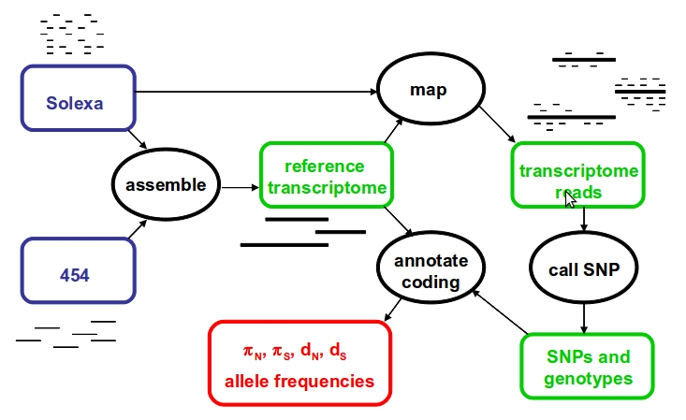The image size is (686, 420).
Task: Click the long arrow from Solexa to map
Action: point(256,92)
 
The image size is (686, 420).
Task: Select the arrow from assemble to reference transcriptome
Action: point(241,188)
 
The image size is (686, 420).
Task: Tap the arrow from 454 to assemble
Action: point(138,229)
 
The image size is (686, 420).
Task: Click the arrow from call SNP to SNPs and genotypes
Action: point(584,318)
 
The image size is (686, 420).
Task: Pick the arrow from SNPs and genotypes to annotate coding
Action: point(500,311)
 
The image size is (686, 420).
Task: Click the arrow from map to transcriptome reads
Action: point(498,124)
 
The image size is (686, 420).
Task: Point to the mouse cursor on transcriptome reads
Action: point(570,199)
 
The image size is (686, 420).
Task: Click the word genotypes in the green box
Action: point(589,379)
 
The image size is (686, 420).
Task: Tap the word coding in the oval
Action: point(431,282)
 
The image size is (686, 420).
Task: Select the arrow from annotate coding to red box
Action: point(392,310)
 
